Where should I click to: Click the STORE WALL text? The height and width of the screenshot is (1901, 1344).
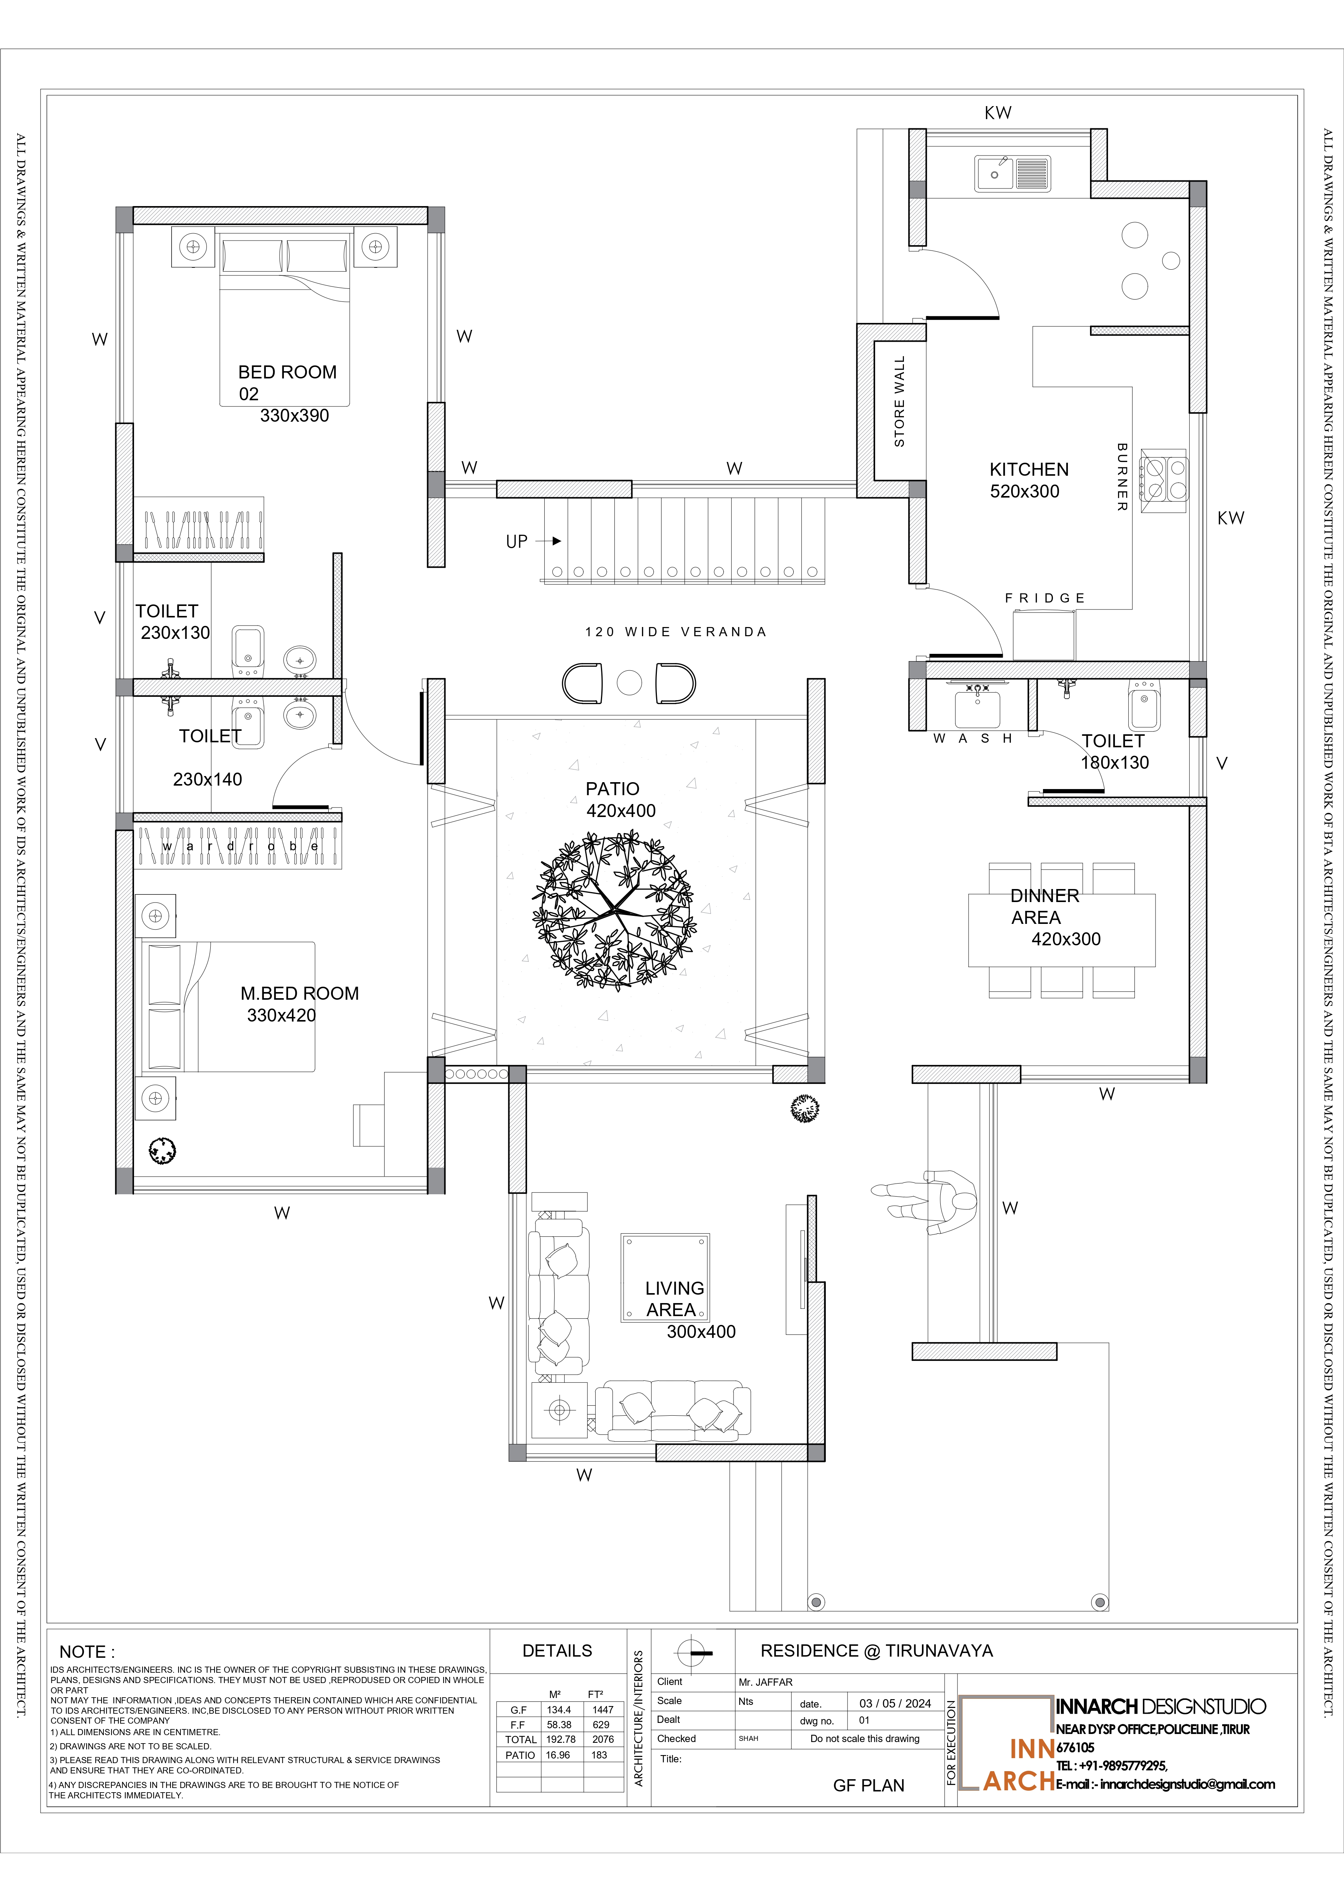click(899, 401)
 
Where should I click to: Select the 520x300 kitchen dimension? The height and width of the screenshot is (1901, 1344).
click(1024, 491)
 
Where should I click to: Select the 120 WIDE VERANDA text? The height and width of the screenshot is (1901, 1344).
click(676, 632)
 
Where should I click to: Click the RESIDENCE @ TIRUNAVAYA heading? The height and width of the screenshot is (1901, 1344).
click(876, 1650)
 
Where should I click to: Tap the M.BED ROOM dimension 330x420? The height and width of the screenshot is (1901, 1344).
click(282, 1015)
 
